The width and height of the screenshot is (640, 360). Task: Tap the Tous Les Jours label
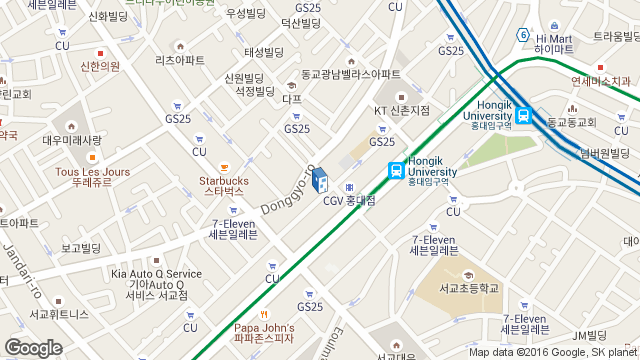(92, 177)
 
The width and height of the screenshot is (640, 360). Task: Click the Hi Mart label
(553, 42)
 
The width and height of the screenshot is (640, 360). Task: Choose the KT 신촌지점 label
(401, 110)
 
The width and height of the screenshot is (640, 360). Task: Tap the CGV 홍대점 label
(349, 201)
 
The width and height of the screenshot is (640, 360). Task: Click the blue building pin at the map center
(320, 180)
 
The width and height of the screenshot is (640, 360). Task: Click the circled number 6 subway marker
(522, 35)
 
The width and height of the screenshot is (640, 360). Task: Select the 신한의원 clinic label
(100, 66)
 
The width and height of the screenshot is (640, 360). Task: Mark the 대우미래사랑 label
(72, 141)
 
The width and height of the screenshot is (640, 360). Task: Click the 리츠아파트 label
(180, 60)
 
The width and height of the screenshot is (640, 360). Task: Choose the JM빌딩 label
(590, 335)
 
